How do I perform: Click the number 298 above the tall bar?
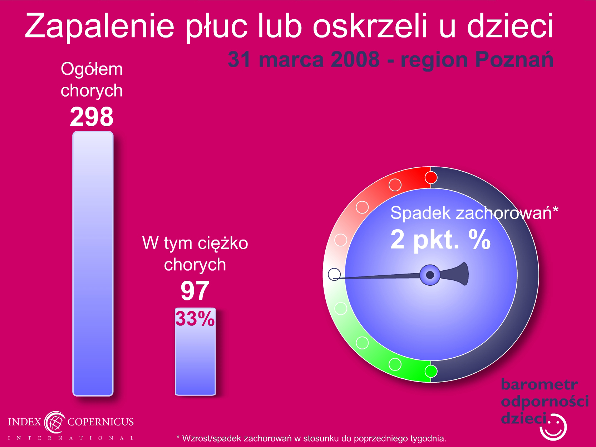coord(92,117)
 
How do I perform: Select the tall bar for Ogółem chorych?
coord(93,264)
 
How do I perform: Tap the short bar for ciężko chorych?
coord(195,352)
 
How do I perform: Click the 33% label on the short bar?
coord(195,319)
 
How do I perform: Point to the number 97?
coord(195,291)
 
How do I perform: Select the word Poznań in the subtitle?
coord(514,59)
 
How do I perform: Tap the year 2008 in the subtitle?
coord(355,59)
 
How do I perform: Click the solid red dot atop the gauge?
coord(431,178)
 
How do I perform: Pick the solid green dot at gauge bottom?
coord(431,371)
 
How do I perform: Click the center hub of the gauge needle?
coord(430,275)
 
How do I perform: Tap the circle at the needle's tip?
coord(334,274)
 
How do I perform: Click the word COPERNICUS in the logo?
coord(100,422)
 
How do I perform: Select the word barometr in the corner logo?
coord(539,384)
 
